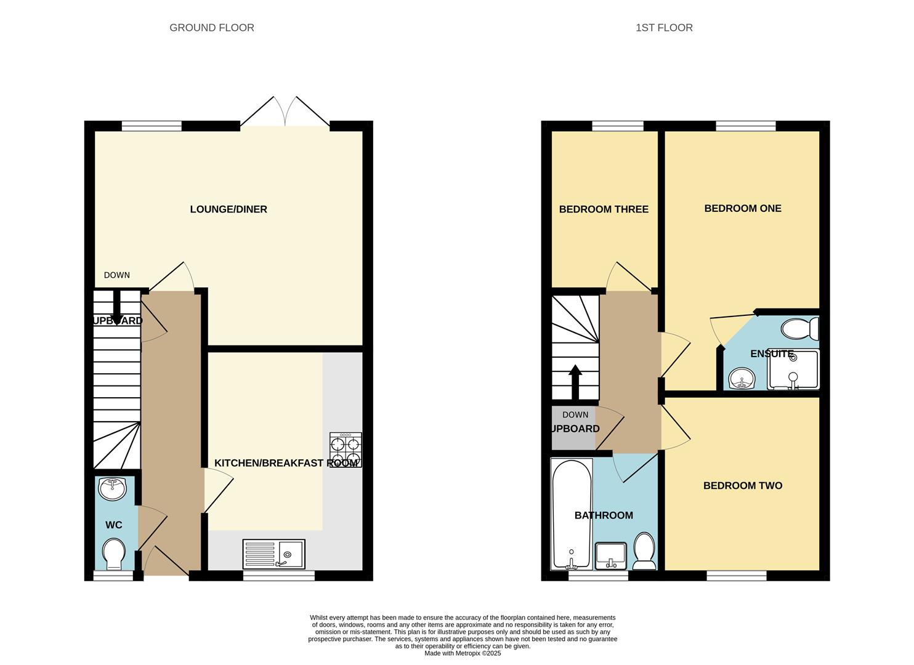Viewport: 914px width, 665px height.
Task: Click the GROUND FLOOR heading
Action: (211, 28)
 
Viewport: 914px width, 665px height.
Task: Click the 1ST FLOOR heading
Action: (663, 28)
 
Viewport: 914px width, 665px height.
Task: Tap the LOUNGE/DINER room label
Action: (228, 209)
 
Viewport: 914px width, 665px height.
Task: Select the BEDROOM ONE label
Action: (742, 209)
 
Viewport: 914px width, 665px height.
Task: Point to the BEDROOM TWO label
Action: (742, 486)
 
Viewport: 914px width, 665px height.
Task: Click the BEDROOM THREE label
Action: (603, 209)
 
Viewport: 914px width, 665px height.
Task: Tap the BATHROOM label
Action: (603, 515)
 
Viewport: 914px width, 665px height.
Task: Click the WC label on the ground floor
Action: (114, 525)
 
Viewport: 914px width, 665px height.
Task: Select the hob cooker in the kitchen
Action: (346, 450)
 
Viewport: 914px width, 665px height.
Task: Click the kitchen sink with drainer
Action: (273, 554)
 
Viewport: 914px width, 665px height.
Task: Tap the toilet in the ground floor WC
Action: (114, 555)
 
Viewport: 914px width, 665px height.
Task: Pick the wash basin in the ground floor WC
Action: (112, 488)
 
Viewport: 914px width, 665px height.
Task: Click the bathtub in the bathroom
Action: (572, 514)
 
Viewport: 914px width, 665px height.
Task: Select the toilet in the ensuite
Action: (799, 329)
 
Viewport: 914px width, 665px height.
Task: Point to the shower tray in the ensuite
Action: (793, 370)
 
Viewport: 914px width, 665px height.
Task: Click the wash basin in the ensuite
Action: (742, 379)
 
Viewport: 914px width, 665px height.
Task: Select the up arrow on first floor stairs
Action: (575, 382)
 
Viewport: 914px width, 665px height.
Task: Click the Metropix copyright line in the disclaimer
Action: (462, 653)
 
